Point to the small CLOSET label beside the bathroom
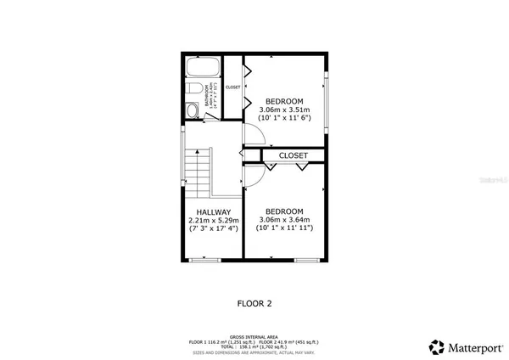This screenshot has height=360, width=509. click(232, 87)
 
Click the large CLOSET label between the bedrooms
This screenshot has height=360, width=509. click(293, 155)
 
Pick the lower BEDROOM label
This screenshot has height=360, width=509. click(284, 211)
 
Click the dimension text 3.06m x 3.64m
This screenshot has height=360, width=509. click(284, 219)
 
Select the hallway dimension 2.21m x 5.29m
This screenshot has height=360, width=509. click(213, 221)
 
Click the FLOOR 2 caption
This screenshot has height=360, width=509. click(254, 301)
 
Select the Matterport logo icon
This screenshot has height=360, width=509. click(436, 346)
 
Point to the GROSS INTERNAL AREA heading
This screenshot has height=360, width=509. click(254, 336)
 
